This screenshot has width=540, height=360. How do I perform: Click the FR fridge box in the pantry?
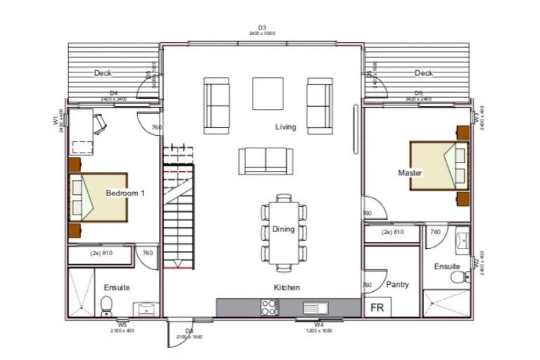(x=377, y=307)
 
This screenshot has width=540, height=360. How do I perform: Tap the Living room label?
(x=285, y=127)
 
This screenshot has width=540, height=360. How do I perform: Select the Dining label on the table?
(x=283, y=229)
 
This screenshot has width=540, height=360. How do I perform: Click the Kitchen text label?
(x=287, y=288)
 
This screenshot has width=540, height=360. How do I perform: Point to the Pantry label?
(x=397, y=285)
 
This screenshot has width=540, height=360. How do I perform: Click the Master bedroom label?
(x=409, y=172)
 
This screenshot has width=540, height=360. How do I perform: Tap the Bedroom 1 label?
(x=125, y=193)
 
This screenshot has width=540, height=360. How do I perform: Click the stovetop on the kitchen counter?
(x=270, y=307)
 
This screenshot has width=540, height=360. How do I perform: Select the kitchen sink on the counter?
(x=314, y=307)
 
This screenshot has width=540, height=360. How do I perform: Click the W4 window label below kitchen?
(x=319, y=325)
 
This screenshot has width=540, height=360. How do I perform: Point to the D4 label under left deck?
(x=114, y=93)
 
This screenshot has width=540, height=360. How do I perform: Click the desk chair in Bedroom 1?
(x=99, y=124)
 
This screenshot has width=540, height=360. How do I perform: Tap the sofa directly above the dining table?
(x=265, y=160)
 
